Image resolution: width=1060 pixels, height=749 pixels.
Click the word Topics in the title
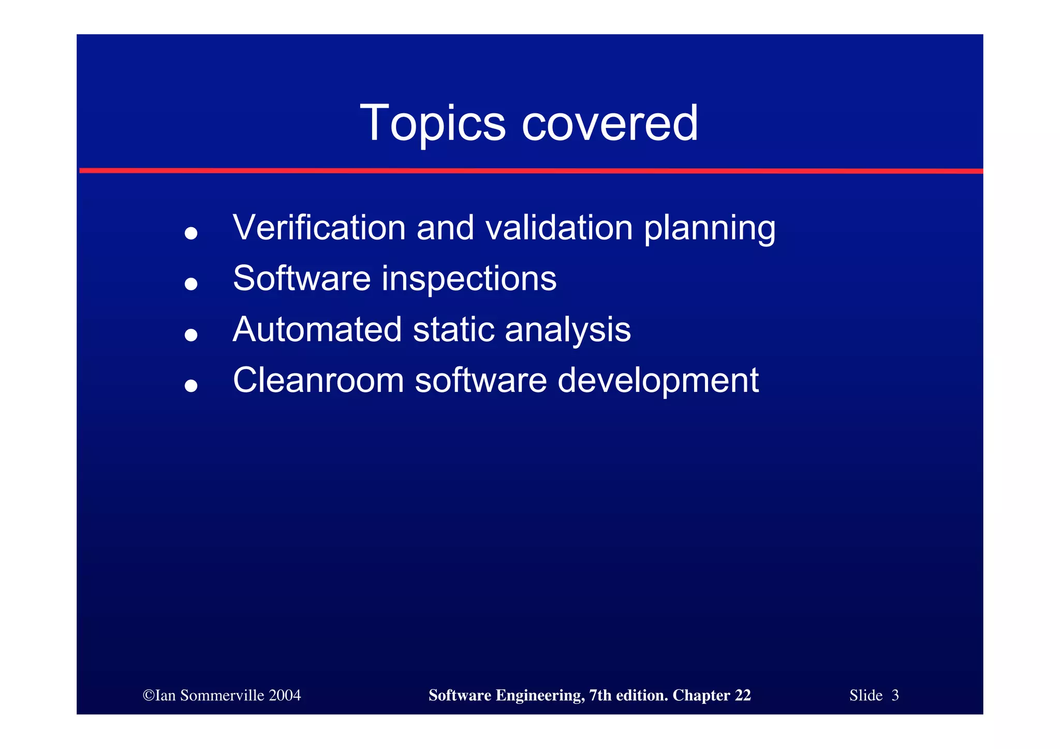(x=432, y=123)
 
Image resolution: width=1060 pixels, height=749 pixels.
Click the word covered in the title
(x=610, y=123)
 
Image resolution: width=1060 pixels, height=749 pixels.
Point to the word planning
(x=710, y=229)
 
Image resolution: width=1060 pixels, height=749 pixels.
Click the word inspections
(x=469, y=278)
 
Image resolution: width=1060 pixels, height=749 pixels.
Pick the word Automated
(x=317, y=329)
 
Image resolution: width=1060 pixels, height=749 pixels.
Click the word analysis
(x=568, y=330)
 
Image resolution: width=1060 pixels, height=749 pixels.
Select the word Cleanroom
(x=318, y=380)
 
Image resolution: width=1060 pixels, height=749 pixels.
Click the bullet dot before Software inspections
(x=191, y=284)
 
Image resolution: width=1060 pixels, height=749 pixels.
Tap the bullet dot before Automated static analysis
(x=191, y=335)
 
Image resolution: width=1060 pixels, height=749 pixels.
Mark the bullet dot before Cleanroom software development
(x=191, y=386)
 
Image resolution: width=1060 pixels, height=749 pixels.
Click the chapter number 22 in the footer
(x=743, y=695)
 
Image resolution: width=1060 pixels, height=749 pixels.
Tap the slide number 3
(x=895, y=695)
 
